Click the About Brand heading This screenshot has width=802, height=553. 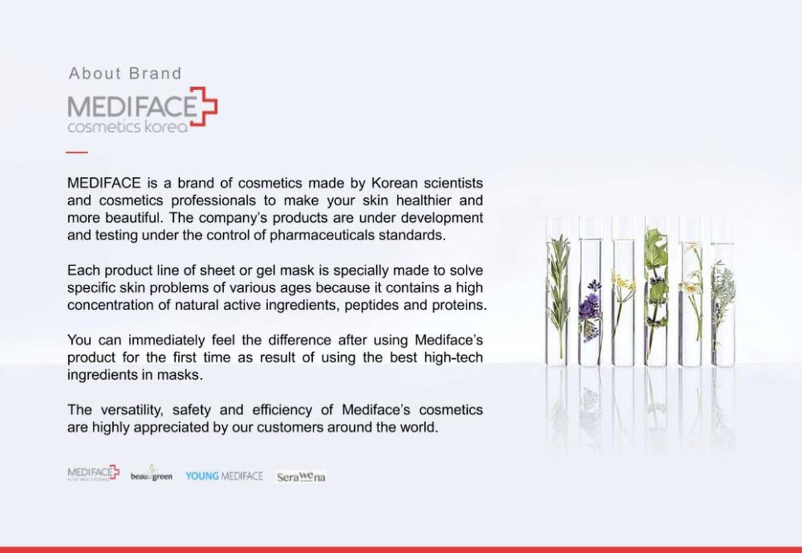[x=125, y=74]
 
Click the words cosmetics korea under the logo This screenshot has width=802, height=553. [x=128, y=127]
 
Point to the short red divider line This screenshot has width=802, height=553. [x=77, y=152]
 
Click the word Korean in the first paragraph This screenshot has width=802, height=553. [x=394, y=183]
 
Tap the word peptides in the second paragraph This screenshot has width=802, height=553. [x=372, y=306]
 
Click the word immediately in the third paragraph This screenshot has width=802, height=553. [x=166, y=340]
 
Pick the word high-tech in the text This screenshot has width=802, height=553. [x=453, y=358]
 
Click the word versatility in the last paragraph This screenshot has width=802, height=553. [x=132, y=410]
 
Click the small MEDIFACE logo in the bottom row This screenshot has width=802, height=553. [x=94, y=472]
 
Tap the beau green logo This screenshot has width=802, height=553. [x=152, y=473]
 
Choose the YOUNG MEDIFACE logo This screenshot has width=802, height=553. [x=224, y=476]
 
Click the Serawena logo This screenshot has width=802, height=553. [x=301, y=477]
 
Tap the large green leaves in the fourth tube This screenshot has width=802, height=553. [x=656, y=251]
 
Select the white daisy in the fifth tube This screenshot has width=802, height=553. [x=690, y=286]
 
